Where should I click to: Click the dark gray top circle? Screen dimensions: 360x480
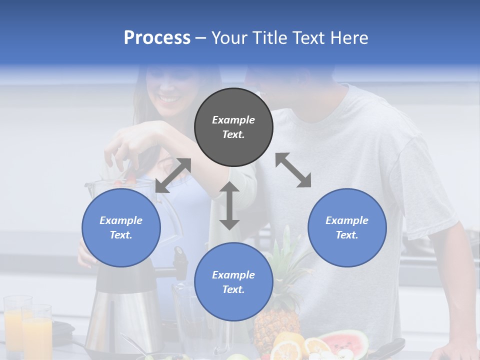(x=233, y=127)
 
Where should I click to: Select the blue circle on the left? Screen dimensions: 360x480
(x=121, y=227)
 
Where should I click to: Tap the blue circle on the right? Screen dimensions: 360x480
(x=347, y=227)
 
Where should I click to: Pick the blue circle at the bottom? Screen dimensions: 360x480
(x=233, y=282)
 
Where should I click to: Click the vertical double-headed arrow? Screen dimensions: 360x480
(x=229, y=205)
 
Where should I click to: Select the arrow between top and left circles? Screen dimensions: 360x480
(x=173, y=175)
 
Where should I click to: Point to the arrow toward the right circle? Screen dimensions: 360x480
(x=293, y=170)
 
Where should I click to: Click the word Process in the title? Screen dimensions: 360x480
(x=157, y=38)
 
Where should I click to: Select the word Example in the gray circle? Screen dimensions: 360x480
(x=233, y=120)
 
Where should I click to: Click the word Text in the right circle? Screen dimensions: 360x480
(x=347, y=235)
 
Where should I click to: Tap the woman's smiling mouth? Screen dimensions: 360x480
(x=169, y=98)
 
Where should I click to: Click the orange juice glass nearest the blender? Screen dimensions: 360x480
(x=37, y=330)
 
